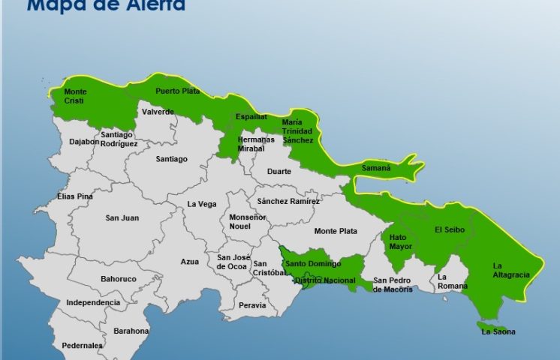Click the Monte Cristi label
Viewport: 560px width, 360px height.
[75, 96]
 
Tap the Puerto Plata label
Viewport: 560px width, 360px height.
[178, 91]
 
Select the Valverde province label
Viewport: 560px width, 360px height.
[158, 112]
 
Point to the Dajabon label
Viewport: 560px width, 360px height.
[84, 141]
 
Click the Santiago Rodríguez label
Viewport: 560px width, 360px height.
[119, 139]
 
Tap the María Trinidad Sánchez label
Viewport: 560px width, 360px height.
[297, 131]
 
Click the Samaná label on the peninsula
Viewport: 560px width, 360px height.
[376, 168]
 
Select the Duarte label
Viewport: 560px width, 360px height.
[282, 171]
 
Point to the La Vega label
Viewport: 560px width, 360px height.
[202, 204]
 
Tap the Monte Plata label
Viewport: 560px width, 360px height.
[336, 231]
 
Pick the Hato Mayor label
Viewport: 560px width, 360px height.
[401, 241]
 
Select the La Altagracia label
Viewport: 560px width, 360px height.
[510, 270]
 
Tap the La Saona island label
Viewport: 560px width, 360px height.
[498, 331]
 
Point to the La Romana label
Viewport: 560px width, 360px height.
[453, 281]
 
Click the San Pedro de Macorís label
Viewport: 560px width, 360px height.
[393, 285]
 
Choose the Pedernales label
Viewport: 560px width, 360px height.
[83, 346]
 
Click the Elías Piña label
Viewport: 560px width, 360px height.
[75, 196]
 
